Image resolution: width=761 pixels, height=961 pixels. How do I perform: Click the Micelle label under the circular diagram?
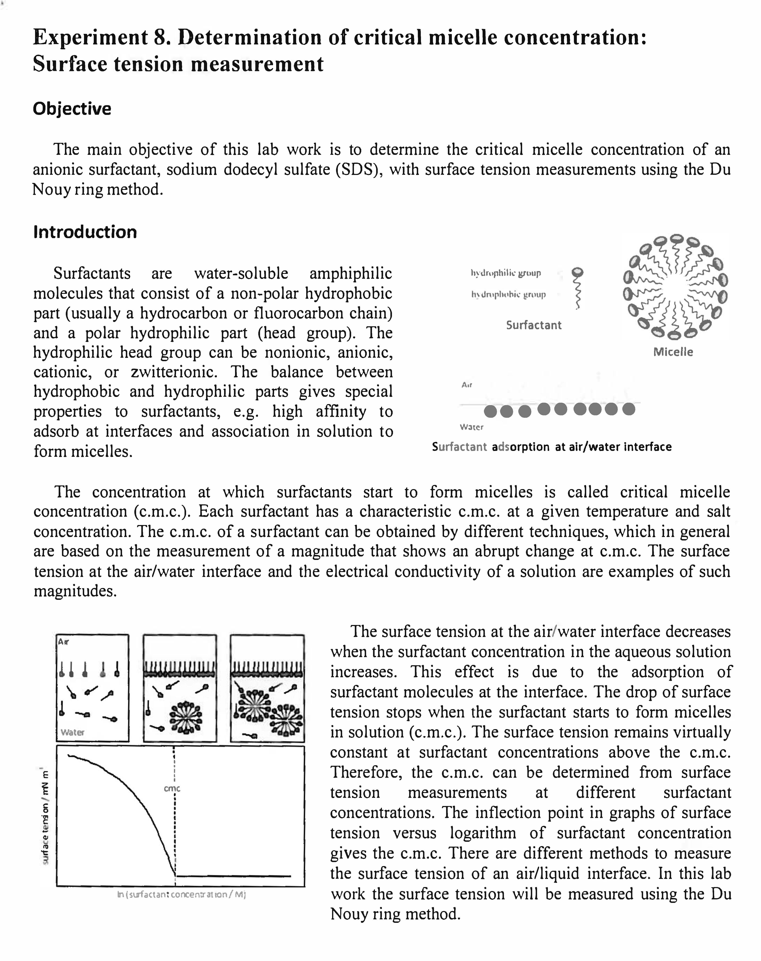coord(673,352)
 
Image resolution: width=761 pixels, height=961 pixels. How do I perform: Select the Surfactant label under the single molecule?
coord(533,325)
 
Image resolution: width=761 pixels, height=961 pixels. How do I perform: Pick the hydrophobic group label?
coord(508,295)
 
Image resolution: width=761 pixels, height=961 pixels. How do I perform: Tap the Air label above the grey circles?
coord(466,384)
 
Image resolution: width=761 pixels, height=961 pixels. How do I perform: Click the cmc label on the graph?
coord(172,789)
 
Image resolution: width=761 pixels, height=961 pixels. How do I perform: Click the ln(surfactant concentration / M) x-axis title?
coord(181,894)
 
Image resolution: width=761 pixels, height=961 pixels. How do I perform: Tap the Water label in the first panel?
coord(72,732)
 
